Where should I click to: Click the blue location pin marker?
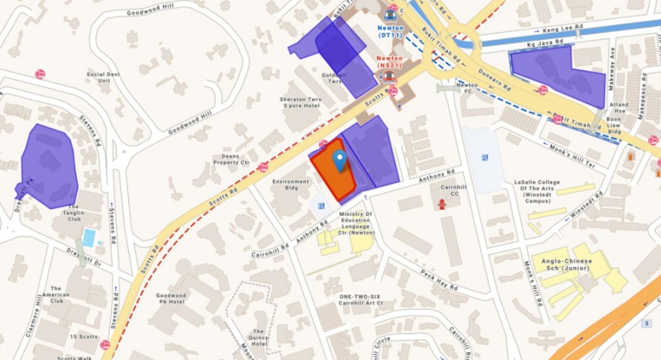click(x=340, y=160)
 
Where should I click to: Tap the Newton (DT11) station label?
click(x=391, y=31)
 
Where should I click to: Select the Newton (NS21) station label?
click(x=389, y=62)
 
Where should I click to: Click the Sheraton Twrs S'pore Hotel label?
click(x=300, y=102)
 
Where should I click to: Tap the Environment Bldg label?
click(x=290, y=184)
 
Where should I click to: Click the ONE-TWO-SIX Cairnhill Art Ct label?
click(x=361, y=299)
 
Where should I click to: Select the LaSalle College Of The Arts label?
click(x=537, y=191)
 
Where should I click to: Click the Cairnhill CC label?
click(x=454, y=190)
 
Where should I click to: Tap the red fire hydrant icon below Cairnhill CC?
click(x=441, y=204)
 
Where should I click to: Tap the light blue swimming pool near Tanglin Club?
click(x=88, y=238)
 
